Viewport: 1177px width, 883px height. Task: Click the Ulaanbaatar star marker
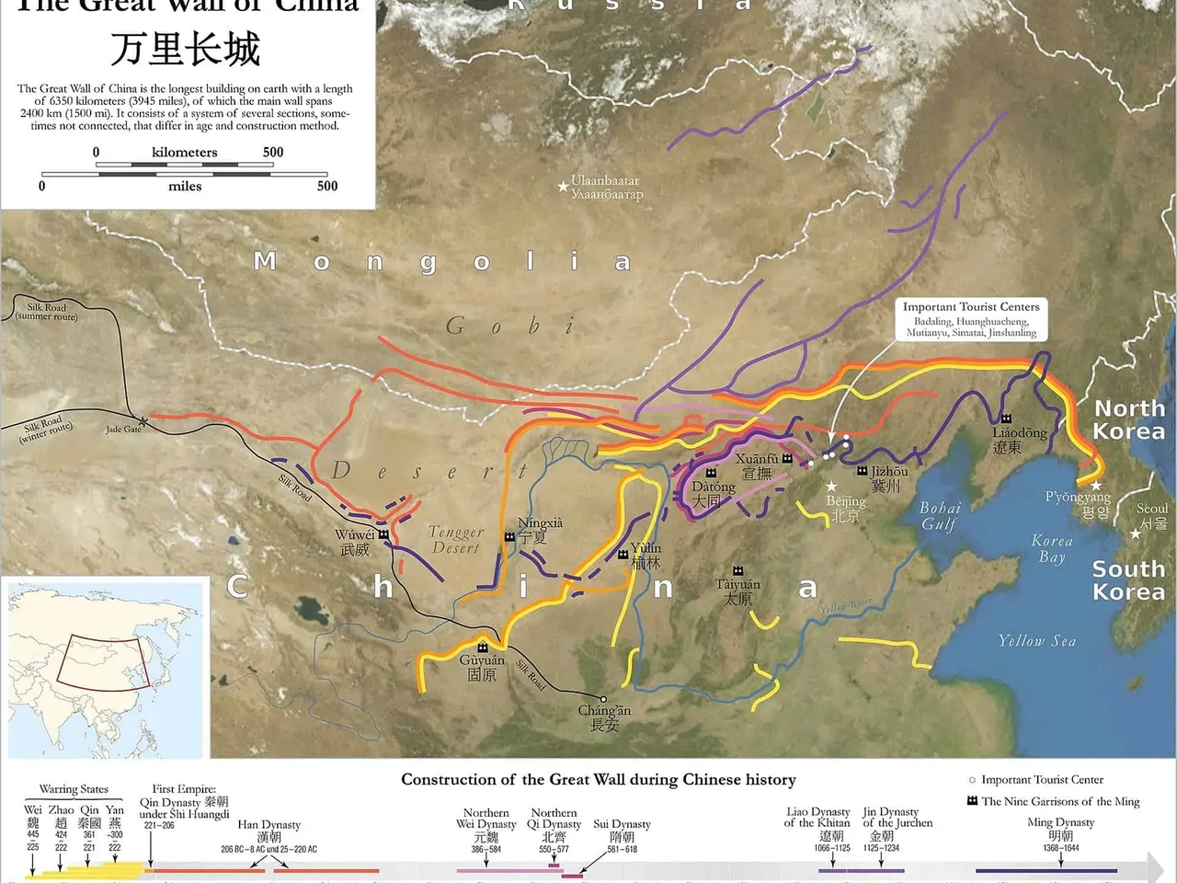[563, 187]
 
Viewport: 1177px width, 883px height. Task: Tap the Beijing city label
[846, 508]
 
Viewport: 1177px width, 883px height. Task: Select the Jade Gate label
[124, 430]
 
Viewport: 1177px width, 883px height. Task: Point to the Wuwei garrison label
[355, 542]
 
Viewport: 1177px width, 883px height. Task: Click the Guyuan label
[482, 667]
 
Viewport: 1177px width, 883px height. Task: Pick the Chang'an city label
[604, 717]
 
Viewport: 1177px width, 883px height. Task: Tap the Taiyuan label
[737, 591]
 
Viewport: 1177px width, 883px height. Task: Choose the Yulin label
[646, 556]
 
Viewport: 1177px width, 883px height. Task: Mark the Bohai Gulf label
[940, 516]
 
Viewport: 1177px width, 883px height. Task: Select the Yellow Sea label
[1036, 641]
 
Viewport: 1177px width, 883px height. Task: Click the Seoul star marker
[1136, 533]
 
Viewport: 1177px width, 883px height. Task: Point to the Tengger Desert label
[455, 540]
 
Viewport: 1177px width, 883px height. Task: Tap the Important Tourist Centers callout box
[971, 319]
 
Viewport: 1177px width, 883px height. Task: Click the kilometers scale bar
[184, 165]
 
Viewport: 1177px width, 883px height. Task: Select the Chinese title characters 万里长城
[185, 49]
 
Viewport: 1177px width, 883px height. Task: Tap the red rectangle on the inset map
[100, 662]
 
